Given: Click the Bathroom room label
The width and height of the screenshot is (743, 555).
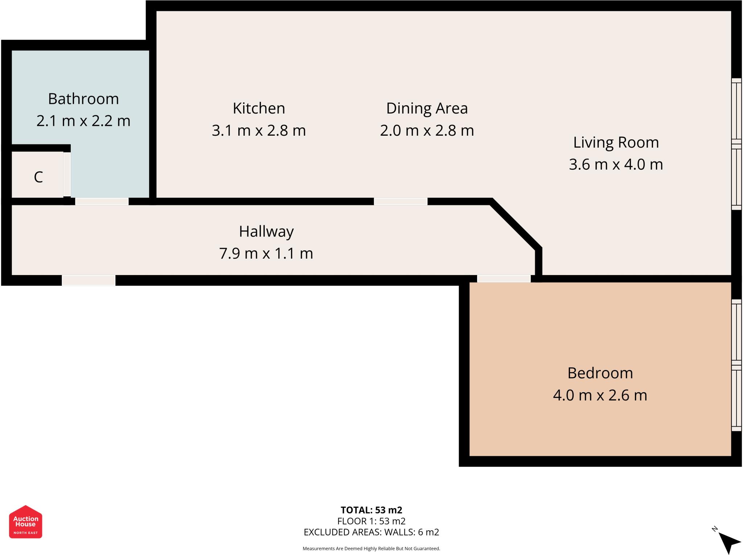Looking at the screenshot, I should (x=83, y=99).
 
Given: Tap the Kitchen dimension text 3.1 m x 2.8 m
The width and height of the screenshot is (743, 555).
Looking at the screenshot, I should (x=259, y=130).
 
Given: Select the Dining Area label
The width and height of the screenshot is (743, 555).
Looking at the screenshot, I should (x=427, y=108).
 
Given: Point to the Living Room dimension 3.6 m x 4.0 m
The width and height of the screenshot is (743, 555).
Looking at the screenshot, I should (x=616, y=164).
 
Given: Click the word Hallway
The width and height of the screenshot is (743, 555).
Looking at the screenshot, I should (x=266, y=231).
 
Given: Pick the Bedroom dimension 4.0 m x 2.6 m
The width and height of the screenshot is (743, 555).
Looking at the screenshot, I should (x=600, y=395).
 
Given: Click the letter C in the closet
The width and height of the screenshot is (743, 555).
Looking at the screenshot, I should (x=38, y=177).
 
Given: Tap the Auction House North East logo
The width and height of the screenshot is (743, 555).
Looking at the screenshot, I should (x=25, y=522).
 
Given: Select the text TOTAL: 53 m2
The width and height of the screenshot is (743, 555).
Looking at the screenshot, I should (x=371, y=510).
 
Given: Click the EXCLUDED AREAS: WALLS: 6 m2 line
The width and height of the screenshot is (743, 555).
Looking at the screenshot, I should (x=371, y=532).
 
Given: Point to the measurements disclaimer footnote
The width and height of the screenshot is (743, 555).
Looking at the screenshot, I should (x=371, y=548).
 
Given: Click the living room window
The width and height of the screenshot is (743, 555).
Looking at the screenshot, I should (x=736, y=144).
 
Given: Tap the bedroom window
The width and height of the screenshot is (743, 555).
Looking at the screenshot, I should (x=736, y=365).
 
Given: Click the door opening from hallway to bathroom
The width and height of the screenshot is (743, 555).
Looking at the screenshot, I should (x=102, y=201).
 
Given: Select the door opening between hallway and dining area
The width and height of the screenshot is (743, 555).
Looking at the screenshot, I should (x=401, y=201).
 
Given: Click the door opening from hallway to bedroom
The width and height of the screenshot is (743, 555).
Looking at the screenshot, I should (x=504, y=279).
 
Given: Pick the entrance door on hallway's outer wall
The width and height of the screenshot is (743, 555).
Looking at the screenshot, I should (x=89, y=280).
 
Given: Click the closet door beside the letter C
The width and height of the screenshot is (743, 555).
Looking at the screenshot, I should (x=67, y=174).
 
